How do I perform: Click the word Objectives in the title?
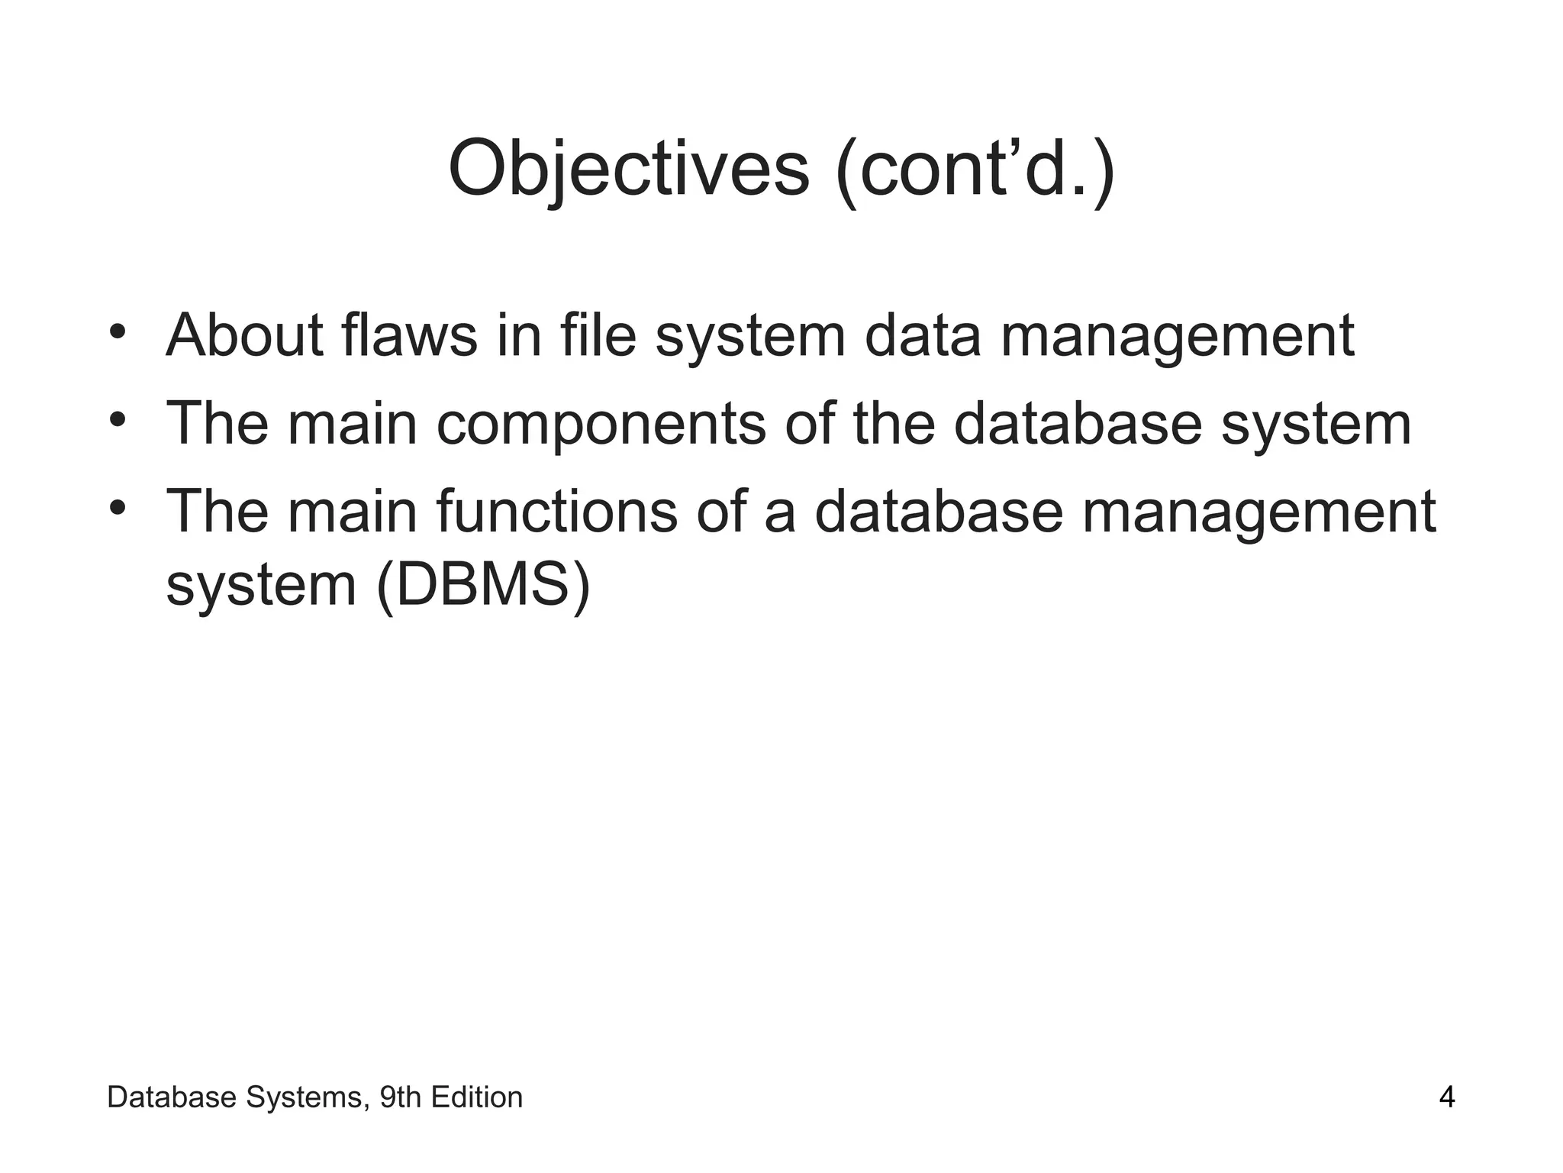point(628,170)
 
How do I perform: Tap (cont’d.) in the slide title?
point(976,170)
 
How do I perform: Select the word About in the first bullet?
point(244,335)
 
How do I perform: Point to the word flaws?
point(409,335)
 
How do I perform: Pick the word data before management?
point(922,335)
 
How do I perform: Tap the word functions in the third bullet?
point(556,511)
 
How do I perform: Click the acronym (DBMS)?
point(484,586)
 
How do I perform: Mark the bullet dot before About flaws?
point(117,332)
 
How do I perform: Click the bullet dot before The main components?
point(117,420)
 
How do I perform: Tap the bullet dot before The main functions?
point(117,508)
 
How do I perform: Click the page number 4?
point(1446,1098)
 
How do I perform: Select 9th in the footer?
point(400,1098)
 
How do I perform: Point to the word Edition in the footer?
point(477,1098)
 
